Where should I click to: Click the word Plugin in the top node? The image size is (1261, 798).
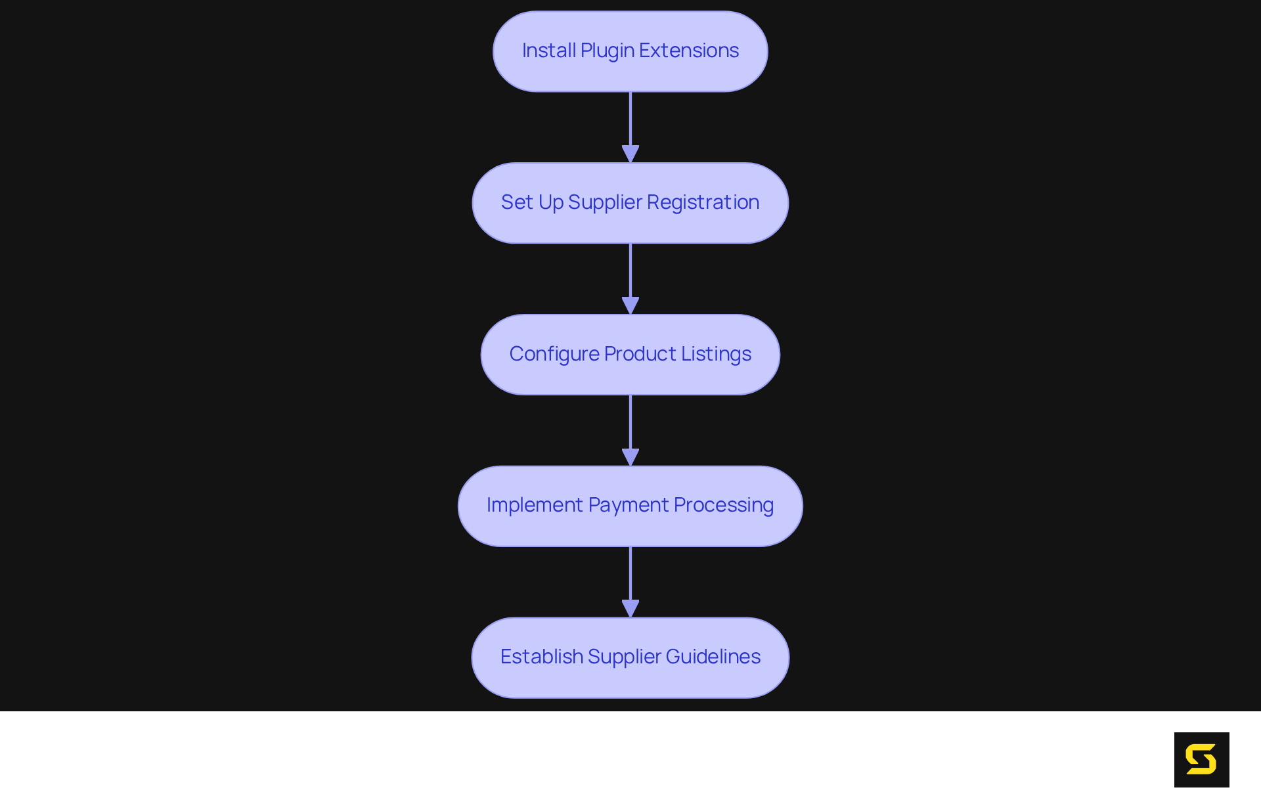click(x=607, y=51)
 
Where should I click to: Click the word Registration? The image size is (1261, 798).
click(x=703, y=202)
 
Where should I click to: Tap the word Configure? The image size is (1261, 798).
click(x=554, y=354)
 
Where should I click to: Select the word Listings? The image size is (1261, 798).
click(x=716, y=354)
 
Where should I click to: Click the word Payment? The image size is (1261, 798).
click(x=629, y=505)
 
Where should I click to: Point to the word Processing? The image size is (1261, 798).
click(x=724, y=505)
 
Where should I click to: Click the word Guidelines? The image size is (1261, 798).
click(x=713, y=657)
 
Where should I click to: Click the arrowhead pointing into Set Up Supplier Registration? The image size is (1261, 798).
click(x=630, y=154)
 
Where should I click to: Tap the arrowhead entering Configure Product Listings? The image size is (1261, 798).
click(x=630, y=305)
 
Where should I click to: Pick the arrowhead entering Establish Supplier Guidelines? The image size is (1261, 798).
click(x=630, y=608)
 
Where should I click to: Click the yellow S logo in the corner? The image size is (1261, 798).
click(x=1201, y=760)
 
